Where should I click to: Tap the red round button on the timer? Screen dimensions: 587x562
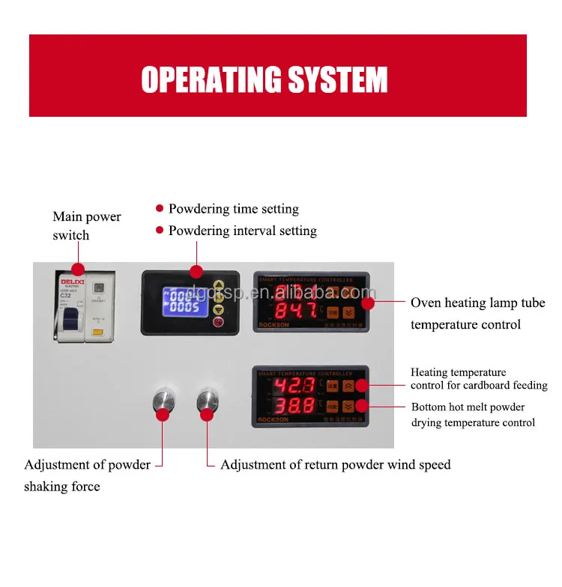point(219,323)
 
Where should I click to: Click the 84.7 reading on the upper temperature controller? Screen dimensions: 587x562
point(296,310)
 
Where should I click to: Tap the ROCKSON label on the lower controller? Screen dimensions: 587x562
point(273,420)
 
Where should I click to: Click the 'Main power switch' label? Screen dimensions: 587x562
point(86,225)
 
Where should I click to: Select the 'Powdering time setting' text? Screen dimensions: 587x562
point(233,209)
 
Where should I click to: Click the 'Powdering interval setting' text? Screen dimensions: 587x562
point(242,231)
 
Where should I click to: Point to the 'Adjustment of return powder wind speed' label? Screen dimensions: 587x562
point(335,465)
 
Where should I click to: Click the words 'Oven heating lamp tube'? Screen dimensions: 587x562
point(477,303)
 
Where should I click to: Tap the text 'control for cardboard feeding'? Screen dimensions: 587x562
point(479,386)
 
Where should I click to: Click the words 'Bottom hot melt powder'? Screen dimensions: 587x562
point(468,407)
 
